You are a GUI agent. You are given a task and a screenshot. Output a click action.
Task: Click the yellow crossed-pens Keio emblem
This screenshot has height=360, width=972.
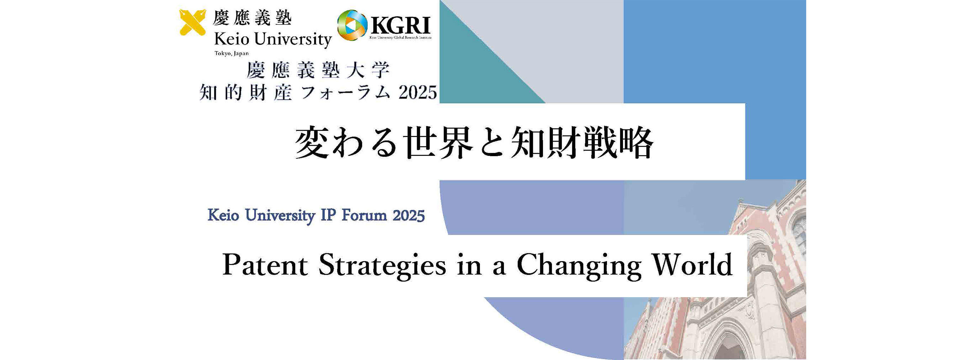point(192,22)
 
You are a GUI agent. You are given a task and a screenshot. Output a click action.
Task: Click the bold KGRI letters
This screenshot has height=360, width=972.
point(400,26)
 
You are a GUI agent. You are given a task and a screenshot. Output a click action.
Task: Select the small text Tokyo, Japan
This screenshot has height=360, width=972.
point(232,53)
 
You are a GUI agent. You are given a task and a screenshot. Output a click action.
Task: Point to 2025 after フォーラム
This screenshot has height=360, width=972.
point(417,92)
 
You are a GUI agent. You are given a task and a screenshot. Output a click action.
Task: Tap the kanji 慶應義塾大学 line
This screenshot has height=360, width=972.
point(318,70)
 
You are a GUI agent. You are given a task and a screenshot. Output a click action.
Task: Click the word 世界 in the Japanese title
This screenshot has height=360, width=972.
point(438,143)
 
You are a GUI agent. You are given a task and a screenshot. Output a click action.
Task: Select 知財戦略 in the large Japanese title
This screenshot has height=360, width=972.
point(581,143)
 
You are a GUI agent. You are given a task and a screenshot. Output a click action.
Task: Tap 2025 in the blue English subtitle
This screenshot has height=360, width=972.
point(409,216)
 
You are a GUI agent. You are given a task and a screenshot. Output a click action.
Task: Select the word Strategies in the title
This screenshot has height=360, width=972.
point(382,266)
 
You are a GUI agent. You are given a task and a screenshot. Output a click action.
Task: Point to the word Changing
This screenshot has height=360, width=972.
point(579,266)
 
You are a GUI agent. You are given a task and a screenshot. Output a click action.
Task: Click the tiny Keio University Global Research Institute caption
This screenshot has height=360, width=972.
point(400,38)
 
